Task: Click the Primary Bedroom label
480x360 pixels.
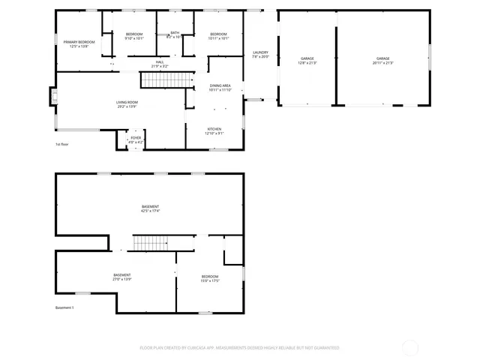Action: click(x=79, y=43)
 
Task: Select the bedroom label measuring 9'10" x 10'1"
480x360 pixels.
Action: click(x=134, y=35)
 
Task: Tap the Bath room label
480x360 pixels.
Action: click(x=174, y=34)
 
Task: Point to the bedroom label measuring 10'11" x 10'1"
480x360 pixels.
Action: click(x=218, y=35)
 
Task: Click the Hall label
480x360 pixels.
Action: click(x=160, y=64)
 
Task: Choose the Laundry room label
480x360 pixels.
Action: click(x=260, y=54)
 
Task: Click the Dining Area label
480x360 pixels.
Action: click(x=220, y=88)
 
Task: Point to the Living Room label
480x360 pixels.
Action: click(x=127, y=103)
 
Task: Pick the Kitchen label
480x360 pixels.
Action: click(x=214, y=130)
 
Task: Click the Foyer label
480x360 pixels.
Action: click(x=136, y=139)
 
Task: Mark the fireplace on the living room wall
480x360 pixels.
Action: click(x=53, y=96)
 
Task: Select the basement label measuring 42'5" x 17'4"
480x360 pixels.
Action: click(x=150, y=208)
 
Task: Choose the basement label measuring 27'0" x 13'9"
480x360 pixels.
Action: click(x=121, y=277)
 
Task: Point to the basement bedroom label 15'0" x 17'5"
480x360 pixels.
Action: click(x=210, y=278)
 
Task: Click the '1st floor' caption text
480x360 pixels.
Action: click(x=63, y=144)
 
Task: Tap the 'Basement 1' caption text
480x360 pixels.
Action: click(x=66, y=307)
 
